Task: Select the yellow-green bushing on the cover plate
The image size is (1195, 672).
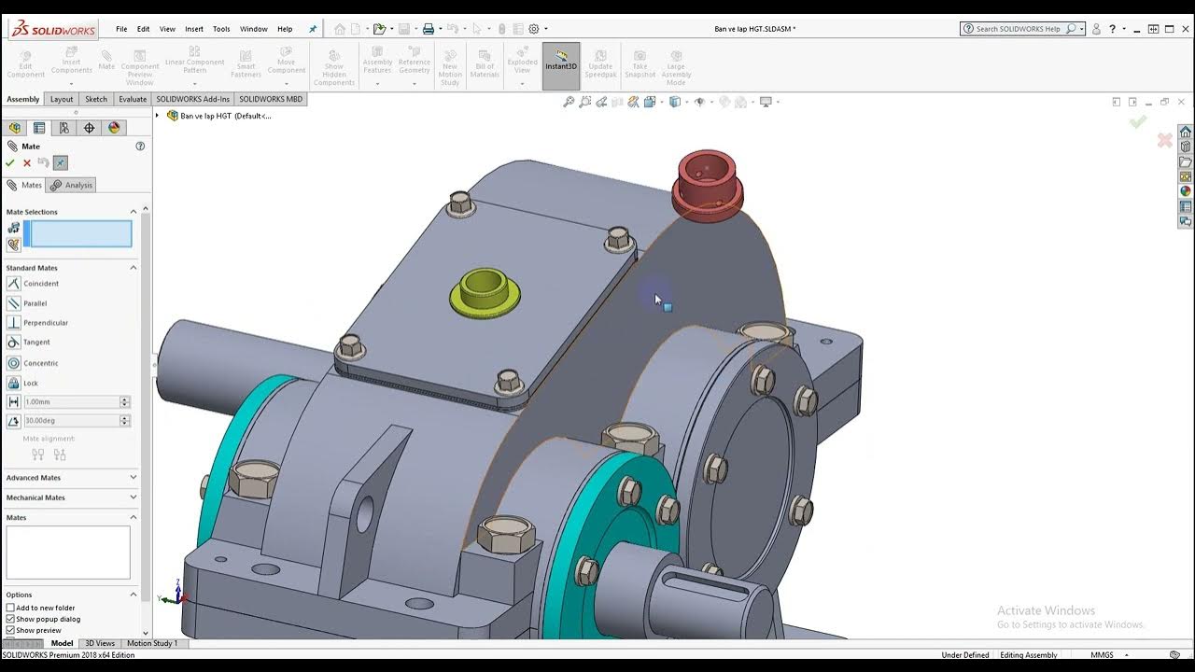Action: click(x=485, y=291)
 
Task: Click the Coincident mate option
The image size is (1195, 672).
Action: click(x=40, y=284)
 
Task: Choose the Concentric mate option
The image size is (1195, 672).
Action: click(x=40, y=363)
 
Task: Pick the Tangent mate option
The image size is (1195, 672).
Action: click(x=36, y=343)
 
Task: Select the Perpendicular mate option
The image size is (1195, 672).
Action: click(x=45, y=323)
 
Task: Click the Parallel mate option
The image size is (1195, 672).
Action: click(x=35, y=303)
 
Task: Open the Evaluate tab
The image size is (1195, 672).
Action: click(x=133, y=99)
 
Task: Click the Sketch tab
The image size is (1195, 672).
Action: click(x=96, y=99)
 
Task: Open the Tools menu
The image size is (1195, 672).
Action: click(x=221, y=29)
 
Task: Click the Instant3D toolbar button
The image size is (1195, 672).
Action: click(x=561, y=66)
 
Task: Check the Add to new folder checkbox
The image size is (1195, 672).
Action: click(x=10, y=608)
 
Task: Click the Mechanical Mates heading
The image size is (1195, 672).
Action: click(x=35, y=497)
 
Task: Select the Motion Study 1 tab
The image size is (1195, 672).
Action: click(x=151, y=643)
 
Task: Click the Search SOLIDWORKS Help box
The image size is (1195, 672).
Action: click(x=1018, y=29)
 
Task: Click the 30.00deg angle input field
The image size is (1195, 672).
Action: click(x=71, y=421)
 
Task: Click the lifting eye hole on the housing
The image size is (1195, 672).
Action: click(x=364, y=513)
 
